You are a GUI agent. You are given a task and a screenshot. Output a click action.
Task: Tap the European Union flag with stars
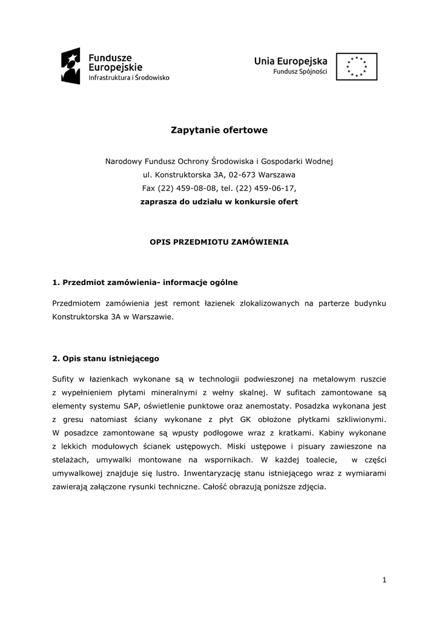click(x=357, y=66)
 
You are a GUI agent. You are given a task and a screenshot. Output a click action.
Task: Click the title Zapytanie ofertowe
click(x=219, y=130)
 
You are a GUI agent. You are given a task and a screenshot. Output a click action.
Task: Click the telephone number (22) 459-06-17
click(x=268, y=188)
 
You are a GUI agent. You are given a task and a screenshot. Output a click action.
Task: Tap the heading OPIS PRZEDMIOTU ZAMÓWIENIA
click(x=219, y=241)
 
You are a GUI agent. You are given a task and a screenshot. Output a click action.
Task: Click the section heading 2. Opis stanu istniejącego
click(x=106, y=358)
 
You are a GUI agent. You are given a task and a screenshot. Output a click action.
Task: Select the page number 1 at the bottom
click(x=384, y=580)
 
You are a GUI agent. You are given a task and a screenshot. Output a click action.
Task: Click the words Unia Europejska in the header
click(x=291, y=61)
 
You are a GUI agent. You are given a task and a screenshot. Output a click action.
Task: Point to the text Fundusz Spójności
click(x=300, y=72)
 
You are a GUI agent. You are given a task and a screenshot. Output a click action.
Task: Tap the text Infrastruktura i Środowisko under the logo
click(x=129, y=78)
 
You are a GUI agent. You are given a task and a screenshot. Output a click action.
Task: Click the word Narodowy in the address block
click(x=124, y=161)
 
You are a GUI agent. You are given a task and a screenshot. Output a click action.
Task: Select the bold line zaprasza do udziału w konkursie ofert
click(x=219, y=201)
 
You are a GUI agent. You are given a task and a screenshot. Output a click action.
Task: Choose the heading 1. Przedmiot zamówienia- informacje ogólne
click(x=145, y=282)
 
